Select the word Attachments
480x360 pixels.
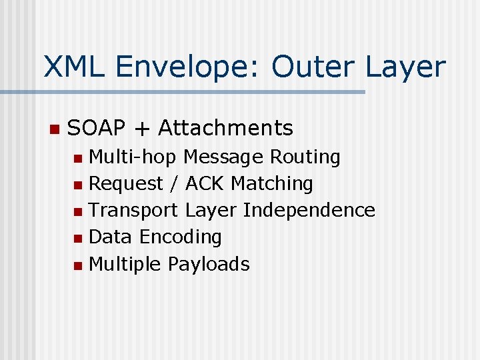click(x=225, y=127)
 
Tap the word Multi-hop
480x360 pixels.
click(x=132, y=157)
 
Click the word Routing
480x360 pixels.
click(x=305, y=157)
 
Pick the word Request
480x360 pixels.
click(x=126, y=184)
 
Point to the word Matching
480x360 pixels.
click(x=272, y=184)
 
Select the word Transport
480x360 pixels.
click(x=133, y=211)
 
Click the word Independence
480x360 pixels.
click(x=309, y=210)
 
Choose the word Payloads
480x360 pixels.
click(x=208, y=265)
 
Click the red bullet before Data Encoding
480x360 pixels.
click(x=79, y=238)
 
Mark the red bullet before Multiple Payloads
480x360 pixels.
click(x=79, y=265)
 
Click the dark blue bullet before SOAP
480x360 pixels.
click(x=54, y=128)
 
